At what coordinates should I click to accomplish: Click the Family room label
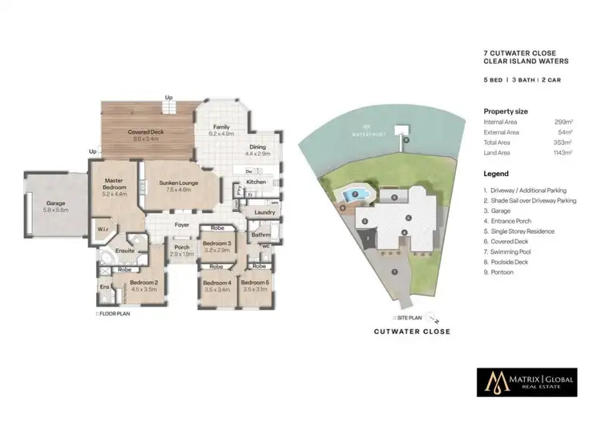221,130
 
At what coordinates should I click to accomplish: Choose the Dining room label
257,150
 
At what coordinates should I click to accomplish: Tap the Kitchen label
256,182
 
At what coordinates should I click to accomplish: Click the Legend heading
496,174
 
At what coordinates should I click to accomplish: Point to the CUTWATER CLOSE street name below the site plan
412,331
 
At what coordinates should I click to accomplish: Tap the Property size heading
506,111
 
